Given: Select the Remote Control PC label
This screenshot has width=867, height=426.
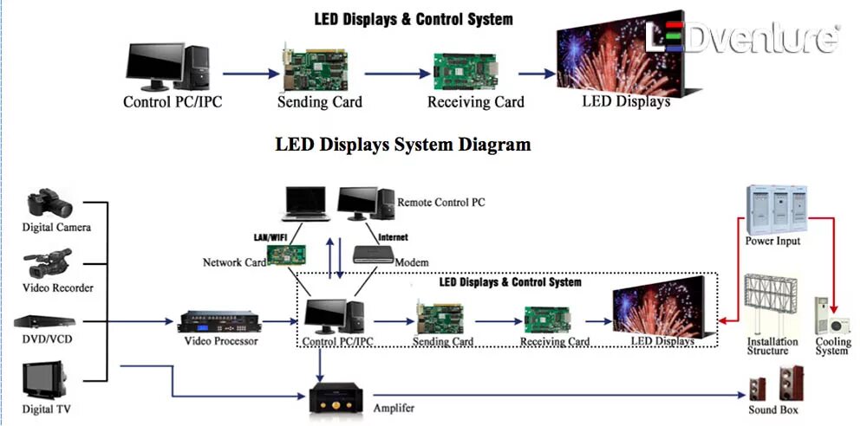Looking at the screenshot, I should click(x=440, y=203).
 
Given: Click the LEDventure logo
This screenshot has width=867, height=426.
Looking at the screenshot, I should click(x=744, y=38).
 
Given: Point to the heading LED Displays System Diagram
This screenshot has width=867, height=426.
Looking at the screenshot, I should click(x=402, y=144).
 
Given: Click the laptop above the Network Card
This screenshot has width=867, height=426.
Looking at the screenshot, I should click(x=304, y=205).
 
